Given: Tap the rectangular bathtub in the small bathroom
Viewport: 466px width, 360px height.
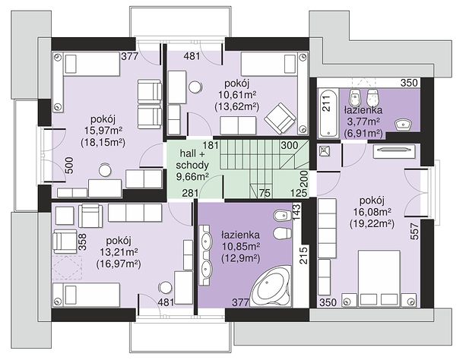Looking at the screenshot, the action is click(x=328, y=113).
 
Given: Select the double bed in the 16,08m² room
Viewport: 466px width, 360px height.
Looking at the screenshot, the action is click(x=379, y=278).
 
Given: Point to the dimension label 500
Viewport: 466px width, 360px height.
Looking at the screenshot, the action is click(x=68, y=165).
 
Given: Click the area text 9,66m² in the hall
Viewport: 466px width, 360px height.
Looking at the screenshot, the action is click(x=192, y=177).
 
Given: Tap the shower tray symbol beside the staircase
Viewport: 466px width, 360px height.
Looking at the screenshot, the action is click(x=324, y=151).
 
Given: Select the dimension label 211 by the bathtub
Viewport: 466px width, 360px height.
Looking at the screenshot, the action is click(x=326, y=103).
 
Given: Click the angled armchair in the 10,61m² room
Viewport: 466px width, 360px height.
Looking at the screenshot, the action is click(x=280, y=118).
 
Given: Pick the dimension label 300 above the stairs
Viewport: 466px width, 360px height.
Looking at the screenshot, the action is click(x=289, y=145).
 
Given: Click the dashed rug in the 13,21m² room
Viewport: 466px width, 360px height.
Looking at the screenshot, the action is click(x=67, y=267).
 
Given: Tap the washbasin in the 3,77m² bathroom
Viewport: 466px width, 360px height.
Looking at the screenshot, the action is click(x=403, y=124).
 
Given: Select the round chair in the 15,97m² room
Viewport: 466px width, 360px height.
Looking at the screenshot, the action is click(x=105, y=170).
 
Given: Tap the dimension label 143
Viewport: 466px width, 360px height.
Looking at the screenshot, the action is click(x=297, y=212).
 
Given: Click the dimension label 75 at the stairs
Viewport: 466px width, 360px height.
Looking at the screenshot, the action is click(x=265, y=193).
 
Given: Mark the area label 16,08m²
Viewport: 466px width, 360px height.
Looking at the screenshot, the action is click(x=372, y=212).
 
